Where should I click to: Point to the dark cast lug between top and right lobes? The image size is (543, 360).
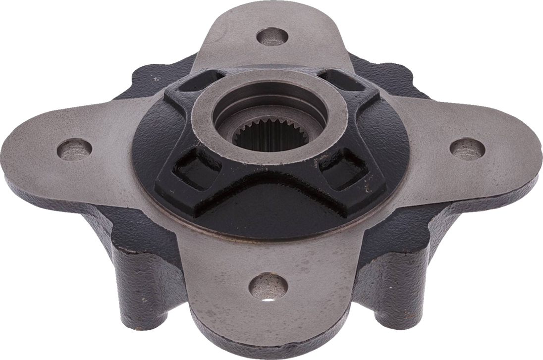click(391, 79)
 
